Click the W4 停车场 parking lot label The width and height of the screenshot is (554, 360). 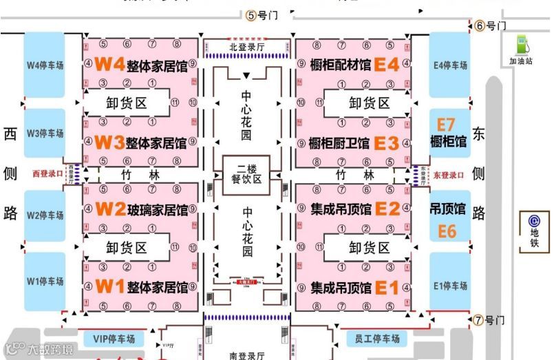[45, 65]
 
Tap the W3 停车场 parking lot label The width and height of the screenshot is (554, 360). [45, 134]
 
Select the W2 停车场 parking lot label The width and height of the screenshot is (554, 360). [45, 215]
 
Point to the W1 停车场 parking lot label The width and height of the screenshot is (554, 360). [45, 281]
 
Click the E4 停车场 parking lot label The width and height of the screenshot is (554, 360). [451, 65]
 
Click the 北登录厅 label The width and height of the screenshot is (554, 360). [246, 47]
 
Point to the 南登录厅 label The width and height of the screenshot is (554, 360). [247, 355]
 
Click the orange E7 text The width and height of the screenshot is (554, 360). [447, 125]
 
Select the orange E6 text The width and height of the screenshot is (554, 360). [447, 232]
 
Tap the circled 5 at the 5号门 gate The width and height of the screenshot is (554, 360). [251, 15]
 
